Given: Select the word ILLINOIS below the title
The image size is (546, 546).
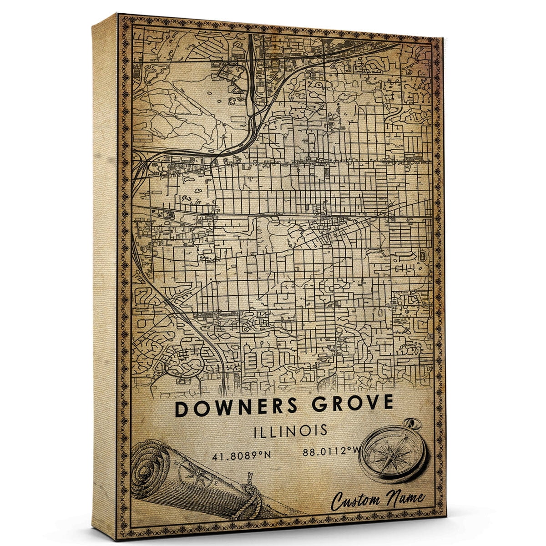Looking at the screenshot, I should point(290,430).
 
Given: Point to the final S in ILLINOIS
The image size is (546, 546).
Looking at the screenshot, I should point(323,430).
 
